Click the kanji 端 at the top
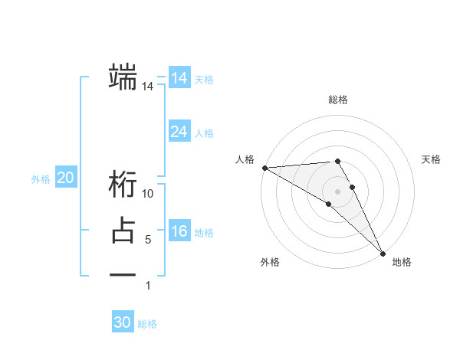[x=123, y=77]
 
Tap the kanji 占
[x=123, y=231]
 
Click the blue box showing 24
[x=179, y=132]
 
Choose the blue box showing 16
[x=179, y=231]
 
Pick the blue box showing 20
[x=66, y=178]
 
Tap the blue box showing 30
[x=123, y=322]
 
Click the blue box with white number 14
[x=179, y=78]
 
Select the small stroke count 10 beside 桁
[x=148, y=195]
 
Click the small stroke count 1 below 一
[x=148, y=286]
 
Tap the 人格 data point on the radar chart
[x=264, y=168]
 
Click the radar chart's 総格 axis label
[x=338, y=100]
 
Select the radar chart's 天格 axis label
[x=431, y=159]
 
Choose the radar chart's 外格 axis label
[x=269, y=263]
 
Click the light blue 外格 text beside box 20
[x=41, y=179]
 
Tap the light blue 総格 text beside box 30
[x=147, y=324]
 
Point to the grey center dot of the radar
[x=337, y=191]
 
